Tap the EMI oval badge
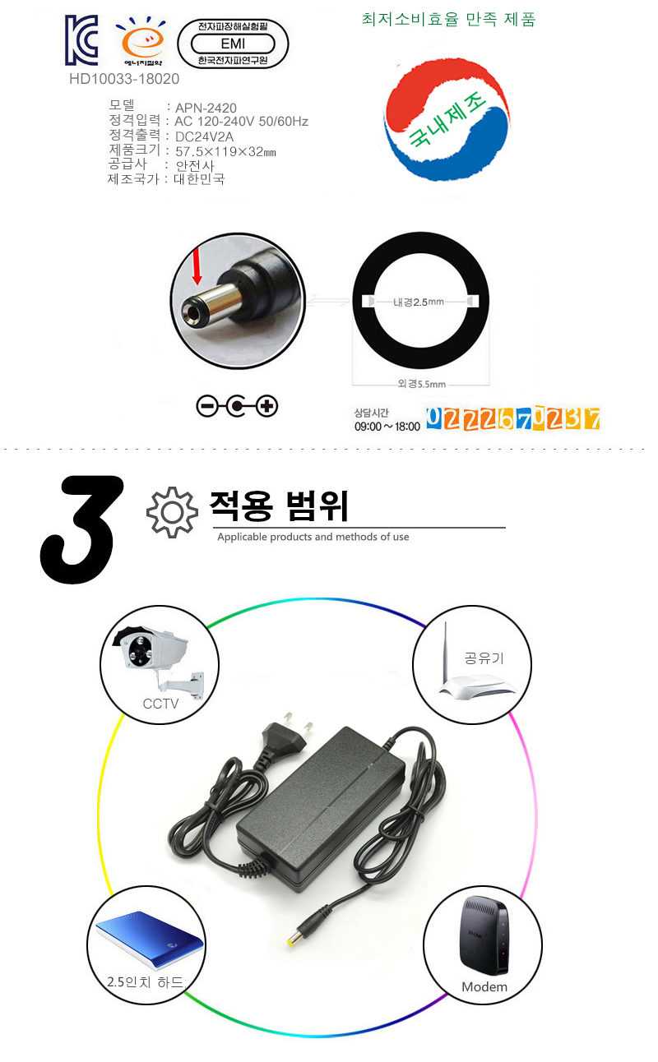[234, 44]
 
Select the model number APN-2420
[206, 107]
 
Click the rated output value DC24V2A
[206, 136]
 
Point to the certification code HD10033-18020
[124, 80]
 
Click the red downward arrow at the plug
[197, 268]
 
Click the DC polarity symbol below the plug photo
[238, 406]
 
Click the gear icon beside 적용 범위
[172, 512]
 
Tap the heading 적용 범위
[279, 506]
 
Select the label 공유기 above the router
[484, 658]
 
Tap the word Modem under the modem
[484, 986]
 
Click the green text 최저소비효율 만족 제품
[448, 20]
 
